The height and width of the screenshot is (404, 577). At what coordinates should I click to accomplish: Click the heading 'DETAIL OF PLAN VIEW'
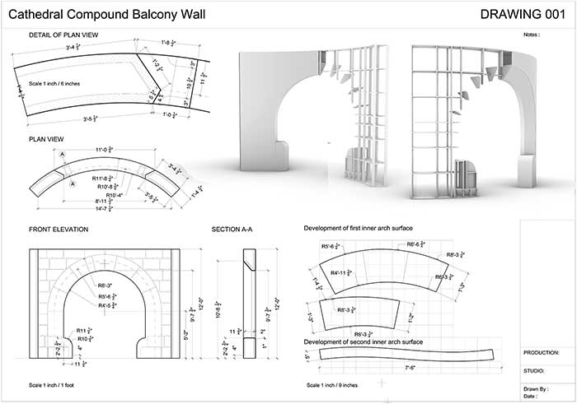[64, 35]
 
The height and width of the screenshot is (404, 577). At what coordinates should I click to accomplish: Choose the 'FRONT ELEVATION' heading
[59, 229]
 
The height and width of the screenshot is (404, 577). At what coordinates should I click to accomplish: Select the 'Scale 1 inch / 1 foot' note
[57, 386]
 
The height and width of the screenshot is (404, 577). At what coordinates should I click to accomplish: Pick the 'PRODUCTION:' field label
[542, 351]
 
